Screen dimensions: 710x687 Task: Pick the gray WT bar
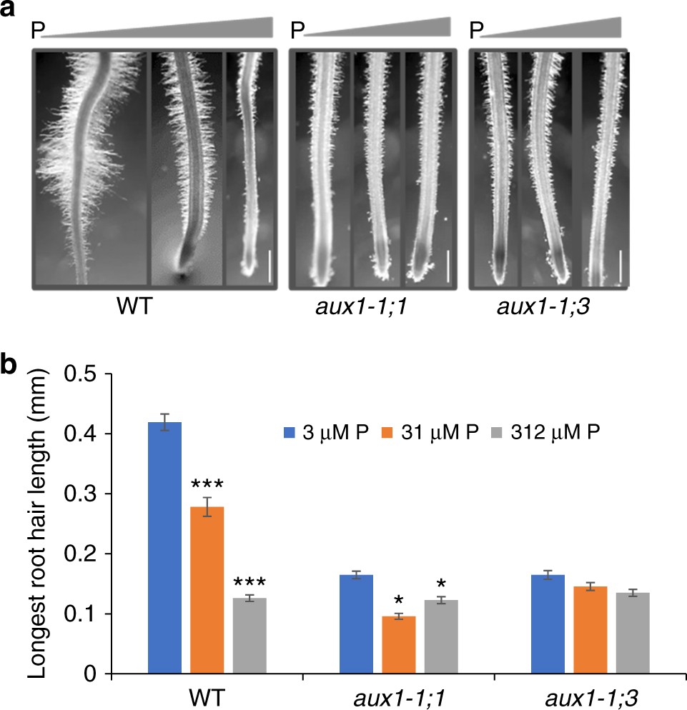249,635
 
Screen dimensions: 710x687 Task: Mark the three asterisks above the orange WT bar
207,484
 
